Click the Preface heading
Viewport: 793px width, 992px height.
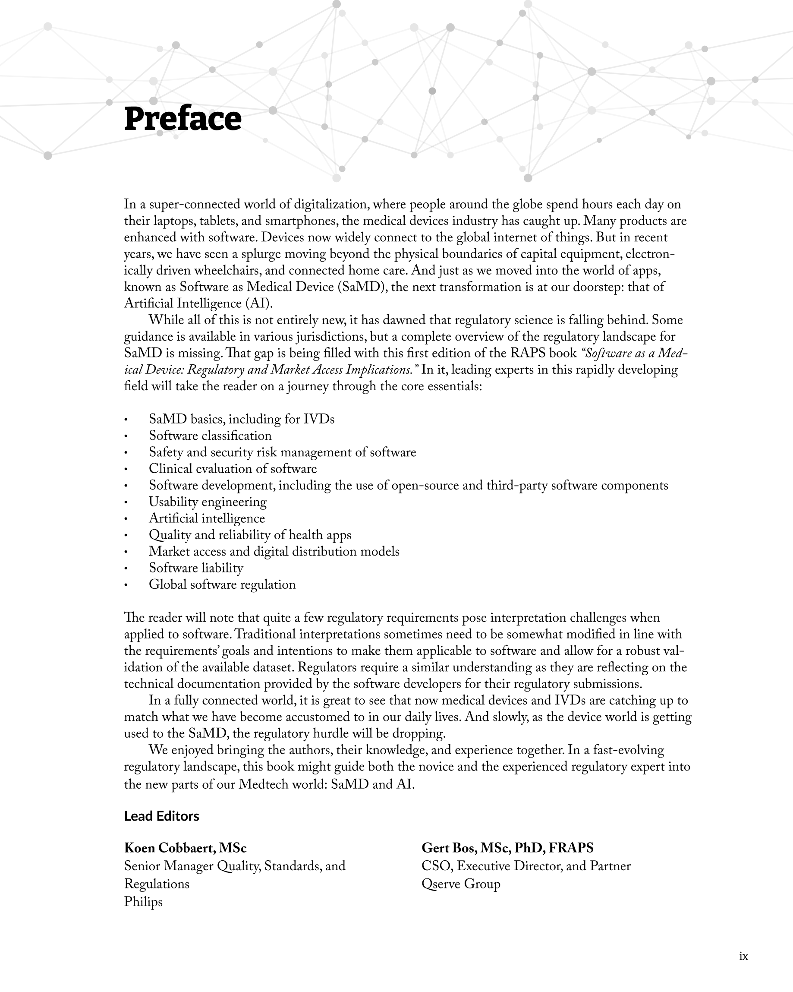(x=183, y=119)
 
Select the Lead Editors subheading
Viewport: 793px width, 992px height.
(x=161, y=816)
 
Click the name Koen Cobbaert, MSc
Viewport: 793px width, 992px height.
(x=186, y=847)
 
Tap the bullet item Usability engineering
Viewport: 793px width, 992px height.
(x=208, y=502)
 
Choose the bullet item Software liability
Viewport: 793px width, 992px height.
(x=196, y=568)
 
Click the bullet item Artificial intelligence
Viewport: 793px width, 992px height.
(x=207, y=518)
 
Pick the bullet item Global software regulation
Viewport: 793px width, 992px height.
(x=222, y=584)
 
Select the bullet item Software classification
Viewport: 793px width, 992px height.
(x=210, y=435)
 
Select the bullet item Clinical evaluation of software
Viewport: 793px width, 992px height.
(x=233, y=468)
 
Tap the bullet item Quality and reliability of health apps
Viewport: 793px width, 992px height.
(x=250, y=535)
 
